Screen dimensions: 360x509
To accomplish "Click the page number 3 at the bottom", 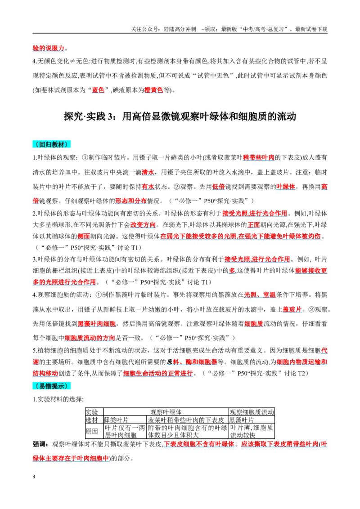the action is click(34, 477).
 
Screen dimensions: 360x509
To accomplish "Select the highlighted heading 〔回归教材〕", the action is click(51, 144).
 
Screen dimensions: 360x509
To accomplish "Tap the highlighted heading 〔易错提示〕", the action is click(51, 386).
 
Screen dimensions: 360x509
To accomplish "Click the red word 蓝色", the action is click(98, 90).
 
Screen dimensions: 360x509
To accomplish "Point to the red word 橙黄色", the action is click(154, 90).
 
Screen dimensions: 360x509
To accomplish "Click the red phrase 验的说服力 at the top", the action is click(49, 48).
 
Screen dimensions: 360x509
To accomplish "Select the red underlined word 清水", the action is click(148, 172).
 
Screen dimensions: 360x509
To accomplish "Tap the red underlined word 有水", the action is click(148, 186).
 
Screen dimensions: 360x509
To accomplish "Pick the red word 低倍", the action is click(218, 186).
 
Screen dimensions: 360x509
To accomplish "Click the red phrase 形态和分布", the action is click(131, 201).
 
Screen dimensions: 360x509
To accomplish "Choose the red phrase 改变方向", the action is click(143, 225).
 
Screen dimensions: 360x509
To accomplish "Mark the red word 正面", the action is click(254, 225).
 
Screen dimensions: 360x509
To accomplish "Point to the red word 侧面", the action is click(84, 236).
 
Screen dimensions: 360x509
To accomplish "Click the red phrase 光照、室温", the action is click(260, 295).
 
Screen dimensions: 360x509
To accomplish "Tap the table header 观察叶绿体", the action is click(166, 412).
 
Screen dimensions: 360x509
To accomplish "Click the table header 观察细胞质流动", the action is click(252, 412).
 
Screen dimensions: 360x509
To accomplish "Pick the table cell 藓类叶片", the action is click(116, 420).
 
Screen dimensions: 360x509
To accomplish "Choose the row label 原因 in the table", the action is click(92, 431).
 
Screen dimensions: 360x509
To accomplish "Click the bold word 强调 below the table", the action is click(39, 444).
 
